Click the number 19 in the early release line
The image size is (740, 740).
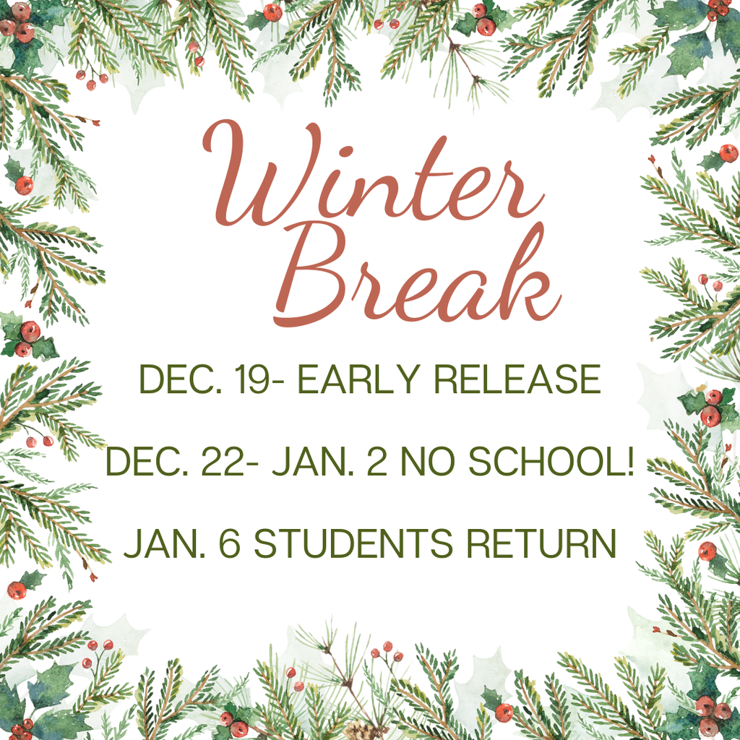pyautogui.click(x=256, y=379)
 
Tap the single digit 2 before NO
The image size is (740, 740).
pyautogui.click(x=376, y=461)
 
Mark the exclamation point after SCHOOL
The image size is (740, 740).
pyautogui.click(x=629, y=461)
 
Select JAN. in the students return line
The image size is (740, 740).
pyautogui.click(x=158, y=543)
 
